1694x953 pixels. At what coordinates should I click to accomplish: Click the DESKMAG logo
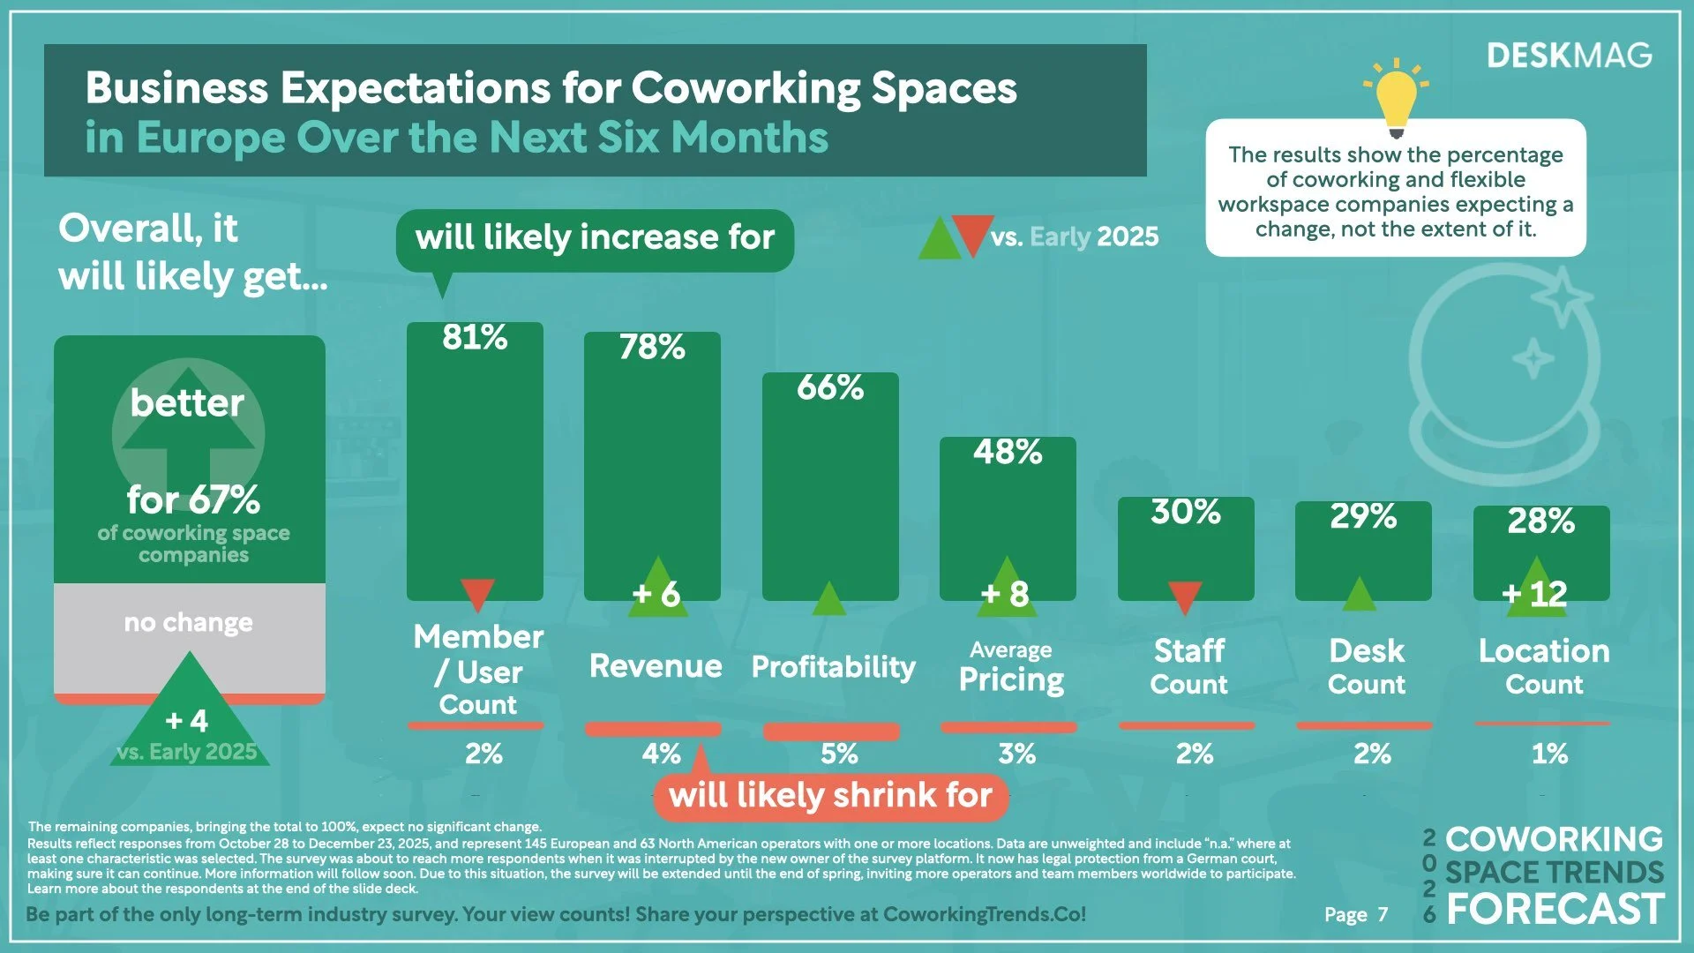[1569, 56]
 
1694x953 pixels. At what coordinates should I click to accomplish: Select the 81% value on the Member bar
[475, 337]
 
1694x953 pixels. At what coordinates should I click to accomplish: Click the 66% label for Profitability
[829, 387]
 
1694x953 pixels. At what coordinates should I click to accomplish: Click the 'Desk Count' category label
[1366, 666]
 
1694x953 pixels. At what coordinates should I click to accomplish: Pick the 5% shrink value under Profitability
[838, 754]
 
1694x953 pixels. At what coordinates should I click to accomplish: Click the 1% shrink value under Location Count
[1549, 754]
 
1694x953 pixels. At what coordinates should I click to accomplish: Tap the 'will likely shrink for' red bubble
[830, 795]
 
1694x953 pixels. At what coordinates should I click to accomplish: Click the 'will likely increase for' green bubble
[595, 238]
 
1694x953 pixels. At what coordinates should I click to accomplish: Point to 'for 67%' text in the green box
[193, 500]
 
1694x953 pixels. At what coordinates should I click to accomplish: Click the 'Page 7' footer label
[1355, 915]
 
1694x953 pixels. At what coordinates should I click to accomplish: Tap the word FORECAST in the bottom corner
[1555, 910]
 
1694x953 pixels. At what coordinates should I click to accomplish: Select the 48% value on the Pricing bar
[1008, 452]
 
